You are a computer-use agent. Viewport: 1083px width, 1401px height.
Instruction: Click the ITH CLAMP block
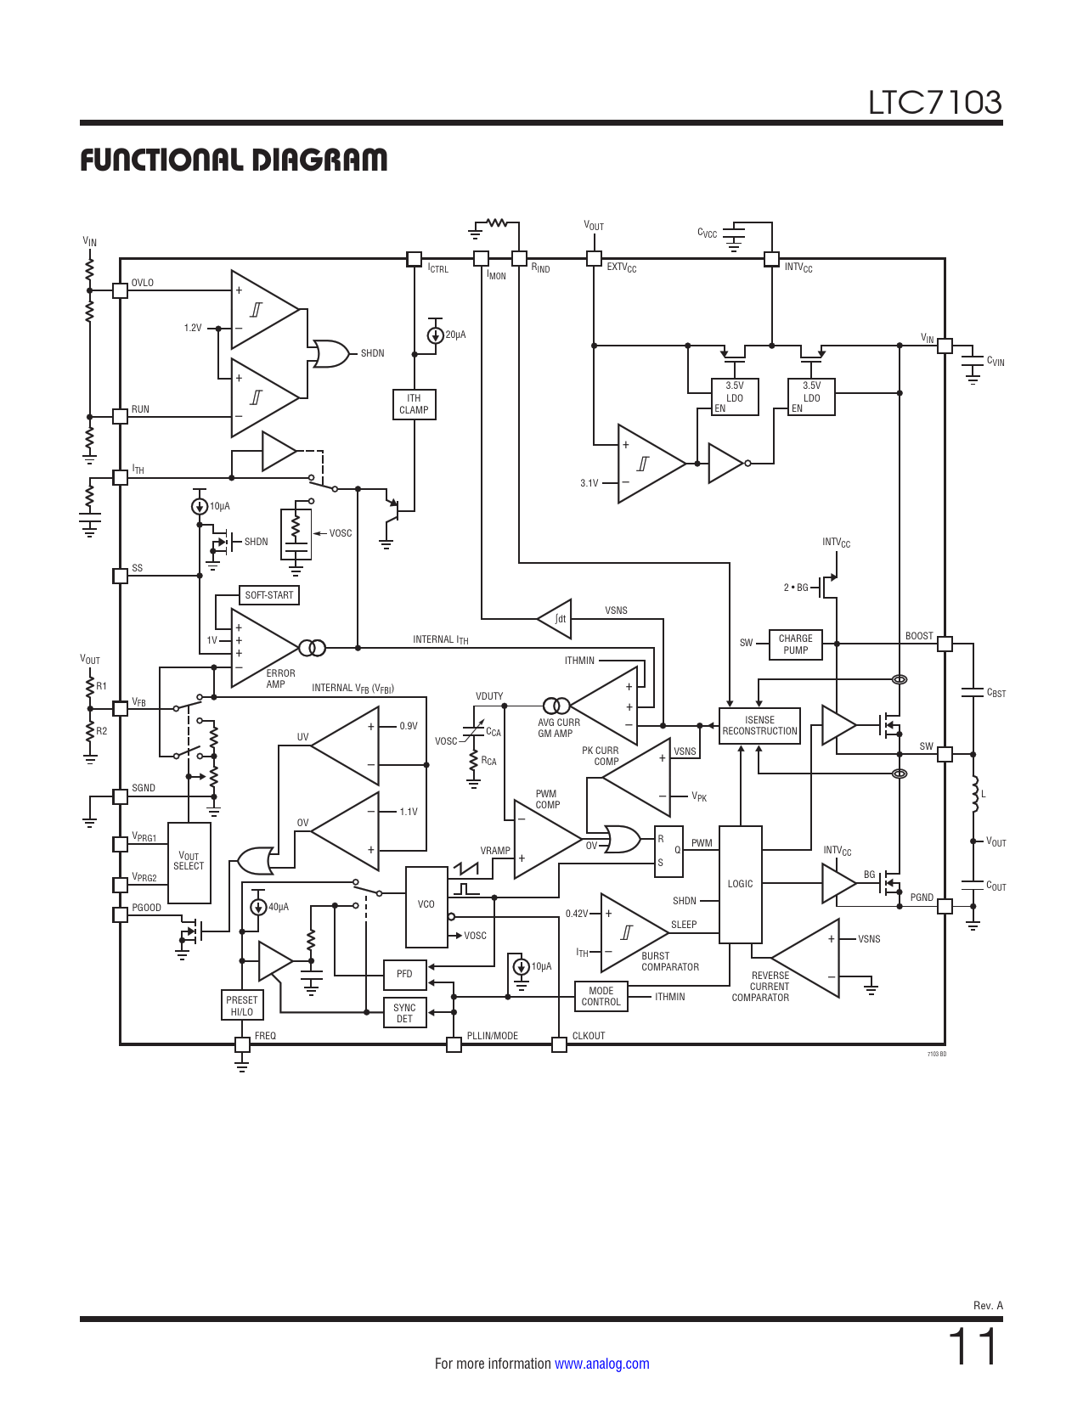click(414, 404)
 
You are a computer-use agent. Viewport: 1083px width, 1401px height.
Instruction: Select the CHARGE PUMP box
click(795, 644)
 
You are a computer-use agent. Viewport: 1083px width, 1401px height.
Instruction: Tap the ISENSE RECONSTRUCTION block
click(759, 726)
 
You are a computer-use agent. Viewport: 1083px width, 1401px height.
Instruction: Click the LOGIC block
click(741, 884)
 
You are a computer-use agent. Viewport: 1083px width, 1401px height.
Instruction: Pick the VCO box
click(426, 905)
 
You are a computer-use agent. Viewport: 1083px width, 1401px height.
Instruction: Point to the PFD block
click(404, 974)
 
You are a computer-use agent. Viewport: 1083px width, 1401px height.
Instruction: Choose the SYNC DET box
click(404, 1013)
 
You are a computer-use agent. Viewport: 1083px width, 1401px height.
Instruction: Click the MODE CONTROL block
click(601, 997)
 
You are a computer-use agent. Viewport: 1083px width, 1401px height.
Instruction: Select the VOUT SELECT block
click(189, 862)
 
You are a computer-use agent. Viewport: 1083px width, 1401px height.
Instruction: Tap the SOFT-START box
click(269, 595)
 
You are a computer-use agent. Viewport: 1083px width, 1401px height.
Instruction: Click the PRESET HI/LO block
click(242, 1005)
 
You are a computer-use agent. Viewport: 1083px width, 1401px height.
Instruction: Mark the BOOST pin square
click(945, 644)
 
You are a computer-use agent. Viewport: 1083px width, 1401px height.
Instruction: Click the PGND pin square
click(945, 907)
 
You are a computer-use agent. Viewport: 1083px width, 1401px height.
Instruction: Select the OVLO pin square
click(121, 290)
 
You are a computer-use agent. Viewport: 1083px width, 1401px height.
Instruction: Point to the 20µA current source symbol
click(435, 335)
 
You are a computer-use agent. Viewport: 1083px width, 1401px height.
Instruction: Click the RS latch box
click(668, 851)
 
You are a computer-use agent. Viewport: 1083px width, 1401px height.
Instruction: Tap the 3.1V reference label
click(589, 483)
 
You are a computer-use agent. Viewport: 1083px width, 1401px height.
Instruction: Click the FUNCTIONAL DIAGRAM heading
click(234, 160)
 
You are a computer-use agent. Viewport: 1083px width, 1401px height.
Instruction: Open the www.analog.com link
click(601, 1364)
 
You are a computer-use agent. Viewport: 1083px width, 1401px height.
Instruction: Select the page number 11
click(973, 1347)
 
